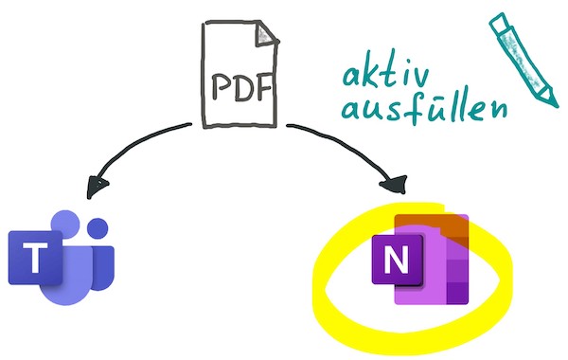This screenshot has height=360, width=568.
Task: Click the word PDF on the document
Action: point(242,87)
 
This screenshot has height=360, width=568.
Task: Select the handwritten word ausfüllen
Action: point(424,107)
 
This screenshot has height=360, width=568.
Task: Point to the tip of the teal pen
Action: point(556,105)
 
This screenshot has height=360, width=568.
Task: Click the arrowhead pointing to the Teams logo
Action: point(98,187)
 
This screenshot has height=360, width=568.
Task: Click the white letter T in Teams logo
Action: point(35,258)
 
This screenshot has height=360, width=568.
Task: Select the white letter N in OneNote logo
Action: point(396,260)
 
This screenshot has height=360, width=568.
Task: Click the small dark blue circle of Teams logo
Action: point(98,228)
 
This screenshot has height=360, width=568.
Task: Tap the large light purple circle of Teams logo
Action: point(65,224)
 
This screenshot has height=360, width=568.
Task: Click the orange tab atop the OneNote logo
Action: point(431,223)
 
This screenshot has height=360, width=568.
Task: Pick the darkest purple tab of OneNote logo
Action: point(457,292)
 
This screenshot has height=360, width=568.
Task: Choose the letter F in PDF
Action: point(264,87)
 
